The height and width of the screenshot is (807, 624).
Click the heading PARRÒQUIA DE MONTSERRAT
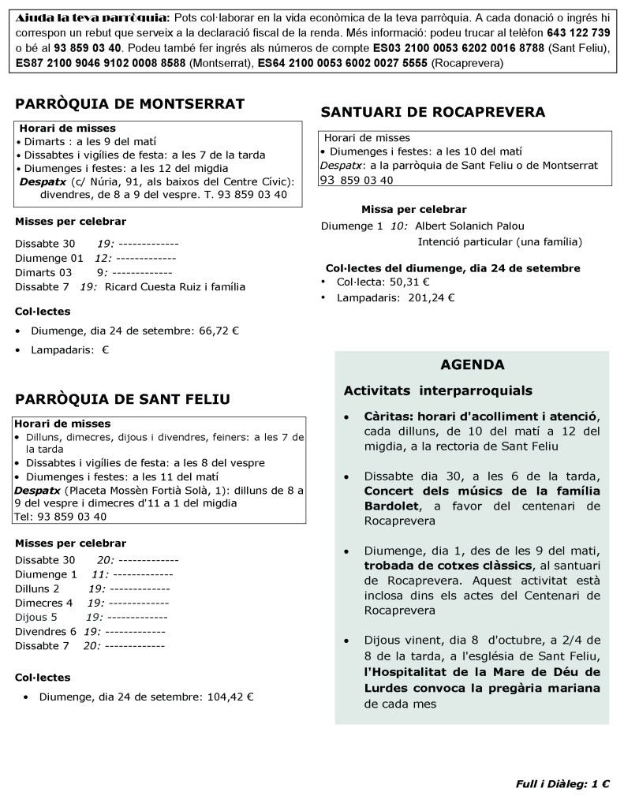click(x=129, y=104)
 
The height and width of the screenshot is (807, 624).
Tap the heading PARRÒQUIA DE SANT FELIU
click(x=122, y=399)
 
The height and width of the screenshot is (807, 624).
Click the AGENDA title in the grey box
click(x=473, y=364)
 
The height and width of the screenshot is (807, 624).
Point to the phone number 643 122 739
click(x=578, y=32)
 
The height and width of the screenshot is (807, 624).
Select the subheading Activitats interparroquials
click(x=438, y=390)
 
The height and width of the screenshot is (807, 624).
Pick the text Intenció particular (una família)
click(x=499, y=241)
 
